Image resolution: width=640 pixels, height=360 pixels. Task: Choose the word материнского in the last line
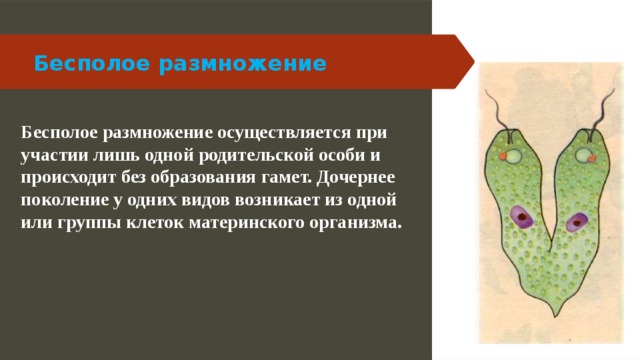coord(249,223)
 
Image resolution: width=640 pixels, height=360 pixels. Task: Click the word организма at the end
coord(355,223)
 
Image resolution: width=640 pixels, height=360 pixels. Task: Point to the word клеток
coord(165,223)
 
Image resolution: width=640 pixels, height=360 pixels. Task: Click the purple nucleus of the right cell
coord(576,221)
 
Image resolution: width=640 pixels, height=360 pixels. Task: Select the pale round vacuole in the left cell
coord(512,156)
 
